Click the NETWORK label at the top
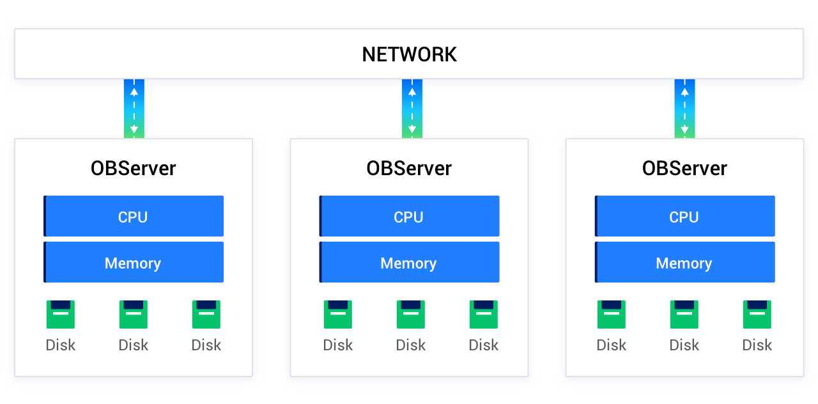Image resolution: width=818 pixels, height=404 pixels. (x=409, y=54)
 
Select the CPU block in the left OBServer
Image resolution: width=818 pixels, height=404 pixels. (x=134, y=217)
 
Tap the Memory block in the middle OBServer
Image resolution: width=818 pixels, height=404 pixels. (x=409, y=263)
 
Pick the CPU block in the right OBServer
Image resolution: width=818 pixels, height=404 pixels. (x=684, y=217)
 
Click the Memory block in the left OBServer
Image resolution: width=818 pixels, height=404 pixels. (x=134, y=263)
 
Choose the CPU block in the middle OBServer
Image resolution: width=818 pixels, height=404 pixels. (x=409, y=217)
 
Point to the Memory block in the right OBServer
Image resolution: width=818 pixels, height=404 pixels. (x=684, y=263)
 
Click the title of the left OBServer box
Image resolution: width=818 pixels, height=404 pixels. (x=134, y=168)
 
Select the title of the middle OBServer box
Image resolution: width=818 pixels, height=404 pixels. (x=409, y=168)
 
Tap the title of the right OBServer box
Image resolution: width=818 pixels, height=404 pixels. (x=684, y=168)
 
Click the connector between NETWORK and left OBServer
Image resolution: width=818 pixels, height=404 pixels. (x=134, y=109)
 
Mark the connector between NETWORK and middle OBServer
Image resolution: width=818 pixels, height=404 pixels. (x=412, y=109)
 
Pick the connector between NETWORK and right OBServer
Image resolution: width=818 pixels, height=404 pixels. (x=684, y=109)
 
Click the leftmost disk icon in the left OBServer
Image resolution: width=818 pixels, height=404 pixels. (x=61, y=315)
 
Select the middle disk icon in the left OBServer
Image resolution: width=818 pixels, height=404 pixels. (x=134, y=315)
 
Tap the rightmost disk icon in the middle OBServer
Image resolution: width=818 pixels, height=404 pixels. (x=484, y=315)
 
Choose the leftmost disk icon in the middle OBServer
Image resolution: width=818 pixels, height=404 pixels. (x=338, y=315)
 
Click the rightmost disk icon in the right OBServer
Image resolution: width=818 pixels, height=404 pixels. (x=757, y=315)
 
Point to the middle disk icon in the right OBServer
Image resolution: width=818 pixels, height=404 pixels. (x=684, y=315)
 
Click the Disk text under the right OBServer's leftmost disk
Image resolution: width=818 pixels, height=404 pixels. (x=612, y=345)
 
